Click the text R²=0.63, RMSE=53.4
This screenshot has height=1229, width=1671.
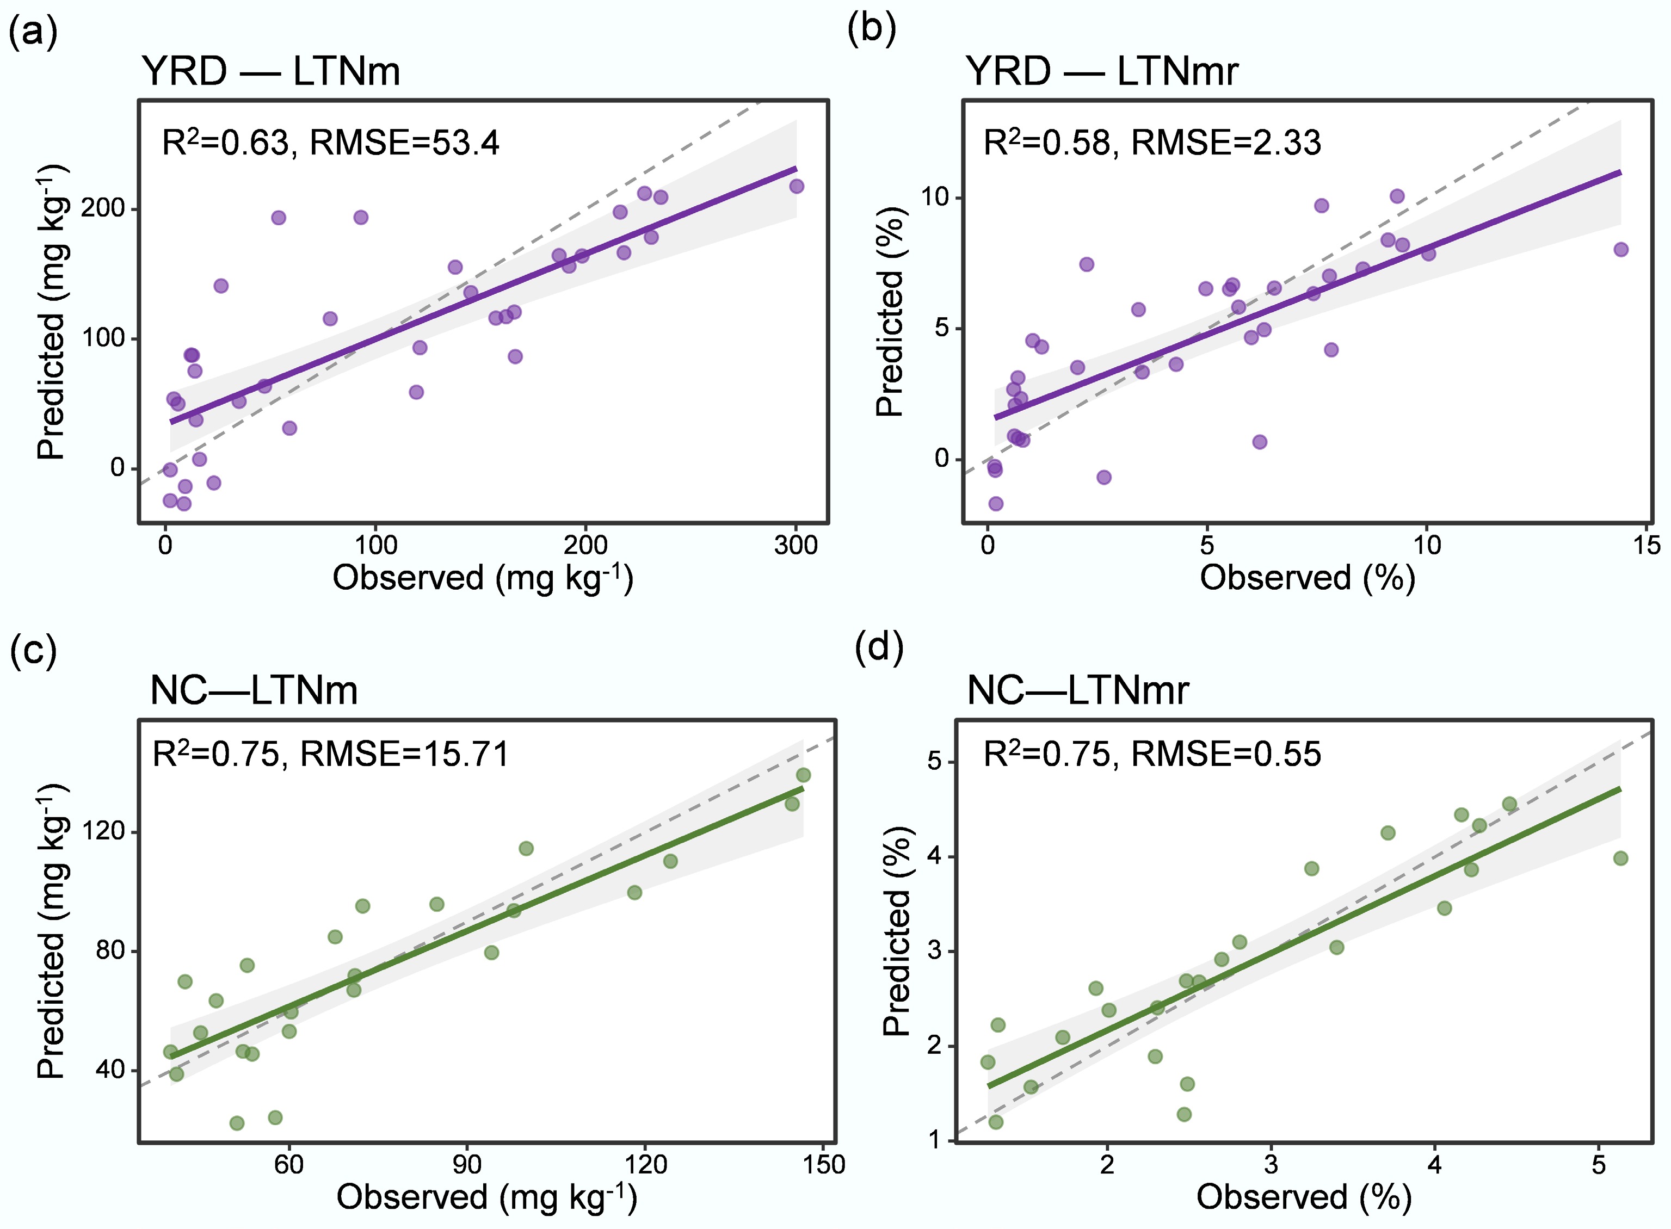tap(330, 142)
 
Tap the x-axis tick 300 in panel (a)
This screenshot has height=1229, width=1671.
tap(796, 545)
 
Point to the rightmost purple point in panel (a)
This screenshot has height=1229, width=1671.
tap(796, 186)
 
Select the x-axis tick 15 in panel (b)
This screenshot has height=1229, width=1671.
tap(1647, 545)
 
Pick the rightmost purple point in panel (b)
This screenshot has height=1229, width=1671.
tap(1620, 249)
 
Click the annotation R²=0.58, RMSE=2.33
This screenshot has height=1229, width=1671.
tap(1152, 142)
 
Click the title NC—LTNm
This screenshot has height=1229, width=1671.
tap(254, 690)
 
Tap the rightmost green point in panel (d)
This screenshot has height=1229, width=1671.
tap(1620, 859)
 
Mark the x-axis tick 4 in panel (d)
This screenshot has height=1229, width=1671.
tap(1434, 1164)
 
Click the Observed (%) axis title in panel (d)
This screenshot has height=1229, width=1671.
tap(1304, 1197)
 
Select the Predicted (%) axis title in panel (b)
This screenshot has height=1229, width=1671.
tap(890, 312)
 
